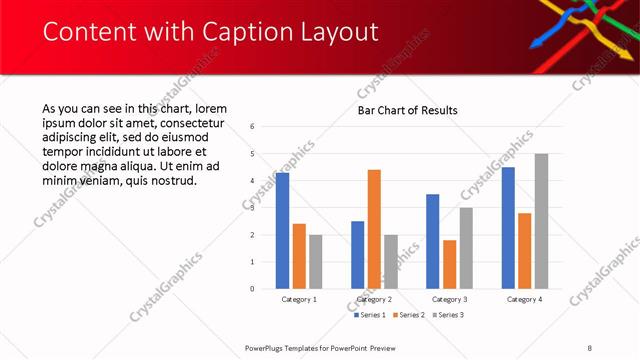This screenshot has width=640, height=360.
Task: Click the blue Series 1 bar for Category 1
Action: pyautogui.click(x=282, y=231)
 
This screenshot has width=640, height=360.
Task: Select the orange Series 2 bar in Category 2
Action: pyautogui.click(x=374, y=229)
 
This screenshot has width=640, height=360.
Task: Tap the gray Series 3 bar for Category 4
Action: pyautogui.click(x=541, y=221)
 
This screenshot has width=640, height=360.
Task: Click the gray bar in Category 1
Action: pyautogui.click(x=315, y=262)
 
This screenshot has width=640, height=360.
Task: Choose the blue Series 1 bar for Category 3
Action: pyautogui.click(x=432, y=241)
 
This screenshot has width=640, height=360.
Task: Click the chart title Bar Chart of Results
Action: pyautogui.click(x=408, y=110)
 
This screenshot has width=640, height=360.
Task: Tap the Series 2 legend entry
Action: pyautogui.click(x=408, y=315)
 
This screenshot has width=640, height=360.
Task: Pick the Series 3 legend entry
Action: pyautogui.click(x=448, y=315)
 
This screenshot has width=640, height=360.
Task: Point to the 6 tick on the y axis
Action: pyautogui.click(x=253, y=127)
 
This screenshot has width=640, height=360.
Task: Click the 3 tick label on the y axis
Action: pyautogui.click(x=253, y=208)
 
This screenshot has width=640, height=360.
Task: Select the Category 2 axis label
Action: pyautogui.click(x=374, y=299)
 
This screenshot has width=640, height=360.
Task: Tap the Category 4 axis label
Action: pyautogui.click(x=524, y=299)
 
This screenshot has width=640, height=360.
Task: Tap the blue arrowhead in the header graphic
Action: pyautogui.click(x=536, y=43)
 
